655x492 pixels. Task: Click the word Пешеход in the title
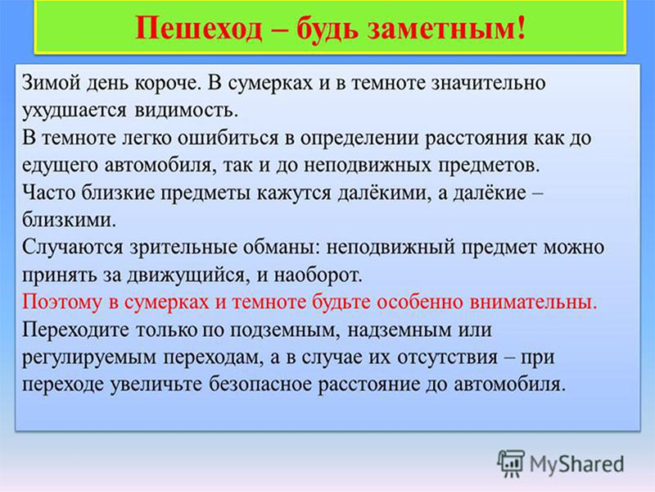click(199, 29)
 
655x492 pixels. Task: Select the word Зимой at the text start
click(51, 82)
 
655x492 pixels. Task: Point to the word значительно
click(488, 83)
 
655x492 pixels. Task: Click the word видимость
click(186, 111)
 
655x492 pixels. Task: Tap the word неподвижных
click(367, 166)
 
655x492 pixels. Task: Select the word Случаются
click(73, 248)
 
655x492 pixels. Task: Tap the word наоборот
click(318, 276)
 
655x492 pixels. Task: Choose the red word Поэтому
click(61, 302)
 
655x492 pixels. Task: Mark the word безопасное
click(260, 385)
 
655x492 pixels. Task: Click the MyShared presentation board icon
click(510, 463)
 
